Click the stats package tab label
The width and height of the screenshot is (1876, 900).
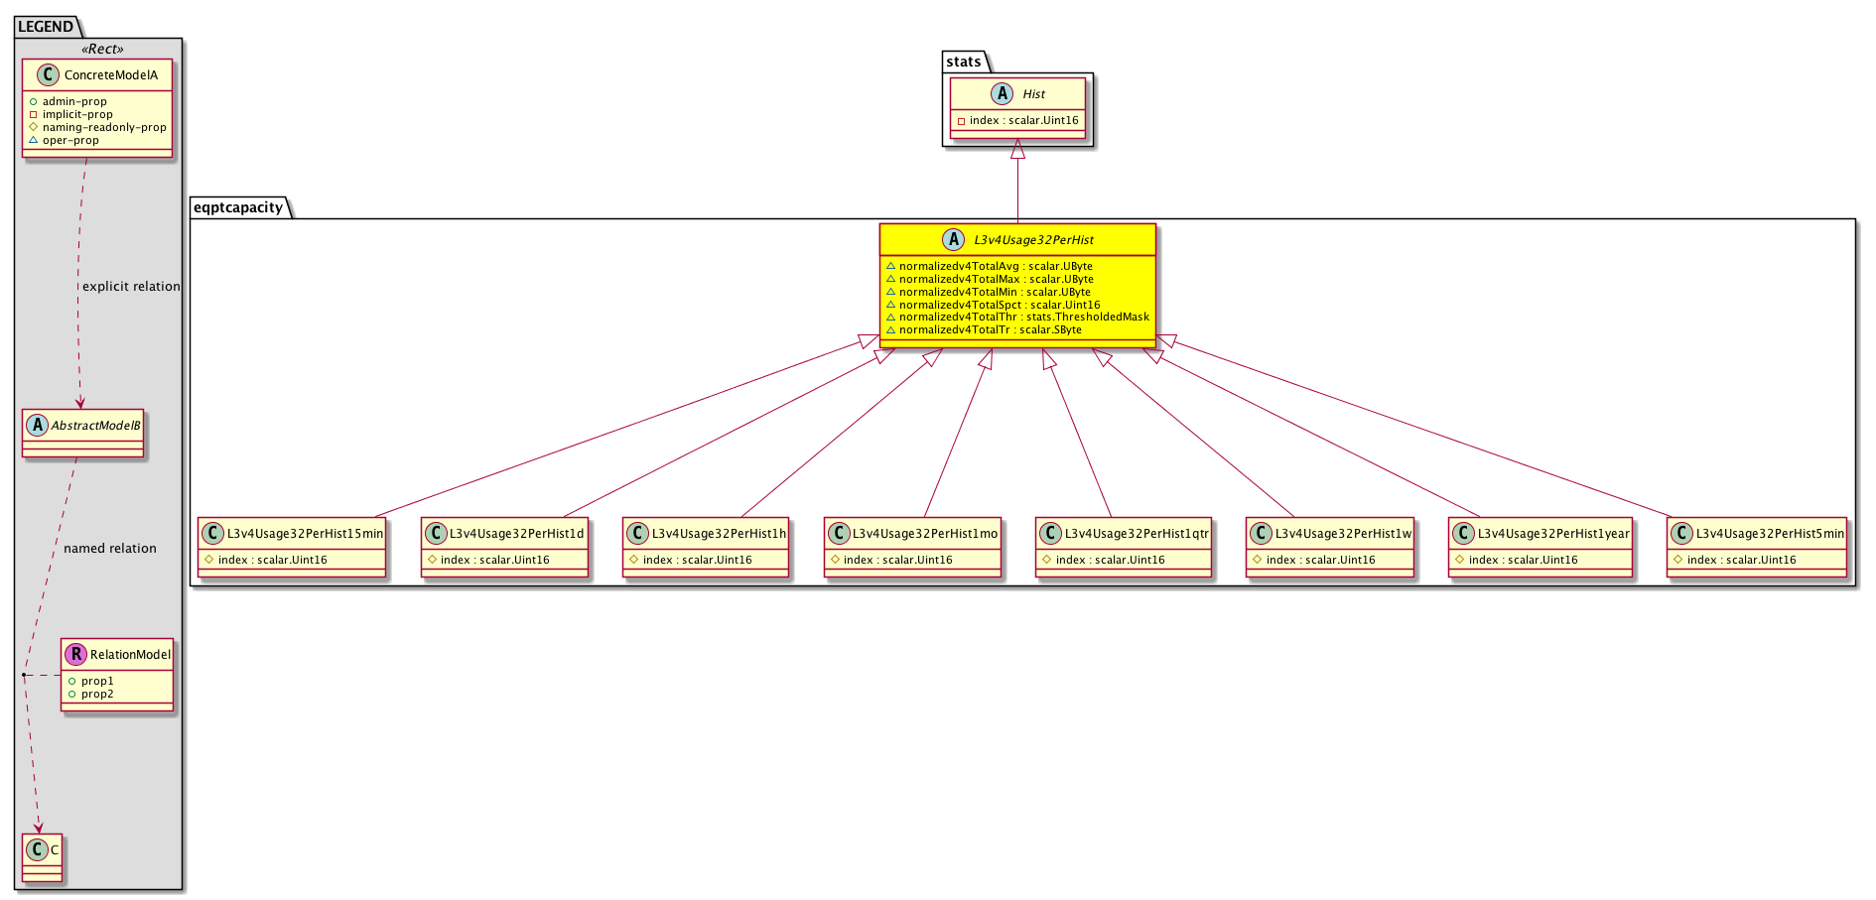tap(963, 62)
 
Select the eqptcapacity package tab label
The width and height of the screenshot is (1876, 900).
tap(238, 207)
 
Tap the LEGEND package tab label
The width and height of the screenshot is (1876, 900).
tap(46, 27)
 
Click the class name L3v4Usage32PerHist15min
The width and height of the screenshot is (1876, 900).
tap(305, 533)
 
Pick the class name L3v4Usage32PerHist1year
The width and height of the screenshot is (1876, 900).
tap(1553, 533)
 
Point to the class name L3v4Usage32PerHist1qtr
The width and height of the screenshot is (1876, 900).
tap(1137, 533)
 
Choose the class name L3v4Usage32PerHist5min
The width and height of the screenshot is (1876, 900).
tap(1770, 533)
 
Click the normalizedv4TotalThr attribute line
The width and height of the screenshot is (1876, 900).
tap(1017, 318)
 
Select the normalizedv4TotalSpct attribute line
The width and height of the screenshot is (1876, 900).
tap(993, 305)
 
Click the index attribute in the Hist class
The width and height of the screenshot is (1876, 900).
tap(1017, 120)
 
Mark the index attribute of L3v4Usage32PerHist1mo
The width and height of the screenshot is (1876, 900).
tap(891, 560)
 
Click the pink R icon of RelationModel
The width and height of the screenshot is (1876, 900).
tap(75, 654)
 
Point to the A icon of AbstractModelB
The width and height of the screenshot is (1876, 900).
tap(38, 425)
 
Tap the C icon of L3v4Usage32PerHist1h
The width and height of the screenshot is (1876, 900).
tap(637, 533)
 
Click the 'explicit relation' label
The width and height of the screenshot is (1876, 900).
tap(131, 286)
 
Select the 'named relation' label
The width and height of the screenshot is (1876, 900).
tap(110, 548)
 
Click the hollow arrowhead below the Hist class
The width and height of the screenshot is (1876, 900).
tap(1017, 149)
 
